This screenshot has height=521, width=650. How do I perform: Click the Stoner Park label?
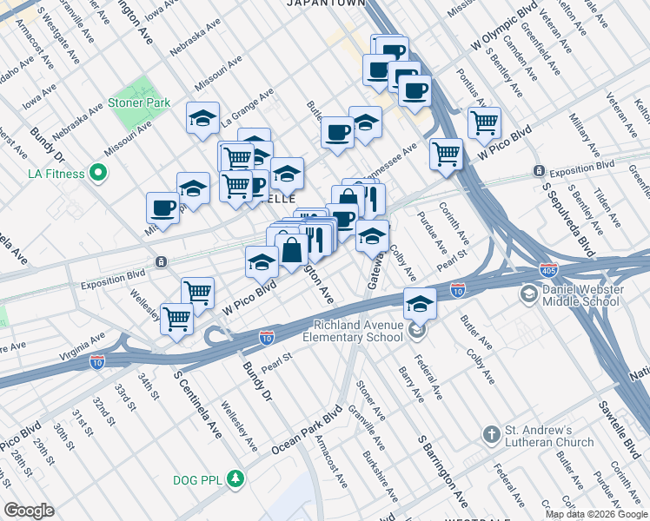[x=138, y=102]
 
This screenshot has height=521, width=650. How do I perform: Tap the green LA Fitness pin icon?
[x=98, y=174]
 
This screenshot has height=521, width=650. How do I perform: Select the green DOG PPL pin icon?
[x=234, y=478]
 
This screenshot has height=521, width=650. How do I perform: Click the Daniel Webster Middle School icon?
[x=528, y=294]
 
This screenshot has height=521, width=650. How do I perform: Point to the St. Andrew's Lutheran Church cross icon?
[x=491, y=434]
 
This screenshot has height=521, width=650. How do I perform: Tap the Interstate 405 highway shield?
[x=548, y=271]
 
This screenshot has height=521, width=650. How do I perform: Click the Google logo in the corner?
[x=30, y=510]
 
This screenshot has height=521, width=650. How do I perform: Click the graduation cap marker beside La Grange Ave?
[x=202, y=119]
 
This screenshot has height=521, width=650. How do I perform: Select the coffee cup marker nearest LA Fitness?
[x=162, y=208]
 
